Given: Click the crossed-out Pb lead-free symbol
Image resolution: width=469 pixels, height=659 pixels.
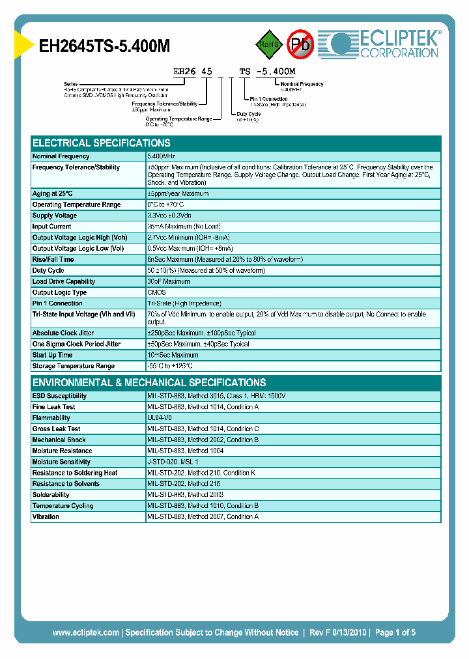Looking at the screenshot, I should pyautogui.click(x=300, y=44).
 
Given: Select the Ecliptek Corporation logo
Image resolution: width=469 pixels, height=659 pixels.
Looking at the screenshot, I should pyautogui.click(x=384, y=44).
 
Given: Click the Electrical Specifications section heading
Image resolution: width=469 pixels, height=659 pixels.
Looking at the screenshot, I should pyautogui.click(x=102, y=143).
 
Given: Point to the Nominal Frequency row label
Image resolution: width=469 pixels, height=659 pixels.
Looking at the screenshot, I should pyautogui.click(x=61, y=156).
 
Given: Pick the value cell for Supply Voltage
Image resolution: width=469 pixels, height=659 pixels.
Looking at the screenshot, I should pyautogui.click(x=169, y=216).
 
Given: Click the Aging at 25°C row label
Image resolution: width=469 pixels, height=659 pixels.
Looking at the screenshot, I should pyautogui.click(x=53, y=193).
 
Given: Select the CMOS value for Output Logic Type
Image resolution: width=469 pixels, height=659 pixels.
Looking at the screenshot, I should pyautogui.click(x=156, y=292).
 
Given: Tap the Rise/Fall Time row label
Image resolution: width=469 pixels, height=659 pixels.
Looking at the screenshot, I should pyautogui.click(x=53, y=259).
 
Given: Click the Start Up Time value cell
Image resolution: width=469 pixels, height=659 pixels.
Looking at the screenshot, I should pyautogui.click(x=173, y=355).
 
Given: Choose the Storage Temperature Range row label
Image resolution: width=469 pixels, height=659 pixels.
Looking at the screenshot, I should pyautogui.click(x=74, y=366).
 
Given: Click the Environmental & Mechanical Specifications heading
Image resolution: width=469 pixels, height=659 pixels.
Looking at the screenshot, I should pyautogui.click(x=149, y=383).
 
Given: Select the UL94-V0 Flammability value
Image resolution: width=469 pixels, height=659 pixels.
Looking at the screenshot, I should pyautogui.click(x=160, y=417).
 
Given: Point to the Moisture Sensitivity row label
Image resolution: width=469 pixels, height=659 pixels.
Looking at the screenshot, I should pyautogui.click(x=61, y=462).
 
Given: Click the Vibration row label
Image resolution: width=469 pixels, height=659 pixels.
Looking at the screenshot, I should pyautogui.click(x=46, y=516).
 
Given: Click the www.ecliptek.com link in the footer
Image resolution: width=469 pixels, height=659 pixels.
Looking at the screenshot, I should pyautogui.click(x=85, y=632).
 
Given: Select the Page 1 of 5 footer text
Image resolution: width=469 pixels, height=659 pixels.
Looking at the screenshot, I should pyautogui.click(x=395, y=632).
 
